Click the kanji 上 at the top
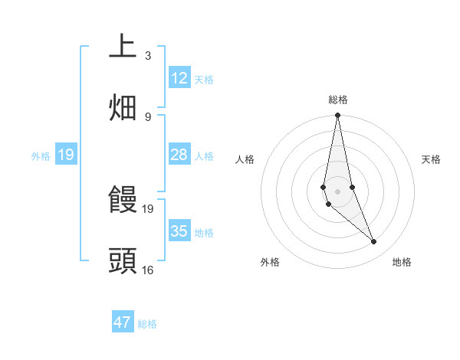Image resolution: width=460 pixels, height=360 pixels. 123,47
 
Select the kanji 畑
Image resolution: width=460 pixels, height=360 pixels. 123,108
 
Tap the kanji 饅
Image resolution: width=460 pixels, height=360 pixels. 123,200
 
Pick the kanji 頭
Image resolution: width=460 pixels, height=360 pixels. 123,261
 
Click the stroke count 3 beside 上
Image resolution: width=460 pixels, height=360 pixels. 148,56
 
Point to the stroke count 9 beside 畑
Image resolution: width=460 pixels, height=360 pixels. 148,117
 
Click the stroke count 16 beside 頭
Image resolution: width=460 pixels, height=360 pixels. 148,270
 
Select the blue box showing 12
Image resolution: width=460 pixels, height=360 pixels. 179,78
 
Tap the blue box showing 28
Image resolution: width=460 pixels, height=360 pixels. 179,155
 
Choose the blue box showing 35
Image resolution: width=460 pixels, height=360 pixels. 179,231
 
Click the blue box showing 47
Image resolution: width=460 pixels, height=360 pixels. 123,322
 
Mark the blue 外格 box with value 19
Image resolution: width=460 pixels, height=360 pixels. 65,155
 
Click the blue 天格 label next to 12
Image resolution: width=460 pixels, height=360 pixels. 204,80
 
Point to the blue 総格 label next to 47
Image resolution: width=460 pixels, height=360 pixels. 147,324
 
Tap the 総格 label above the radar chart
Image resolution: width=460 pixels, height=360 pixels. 338,100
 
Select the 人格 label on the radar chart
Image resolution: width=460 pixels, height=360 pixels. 245,159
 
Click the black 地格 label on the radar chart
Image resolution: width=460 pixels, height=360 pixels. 402,263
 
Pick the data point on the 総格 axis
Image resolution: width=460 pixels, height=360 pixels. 337,116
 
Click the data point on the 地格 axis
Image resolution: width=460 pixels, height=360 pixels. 374,242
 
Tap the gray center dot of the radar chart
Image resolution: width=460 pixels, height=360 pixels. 337,191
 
